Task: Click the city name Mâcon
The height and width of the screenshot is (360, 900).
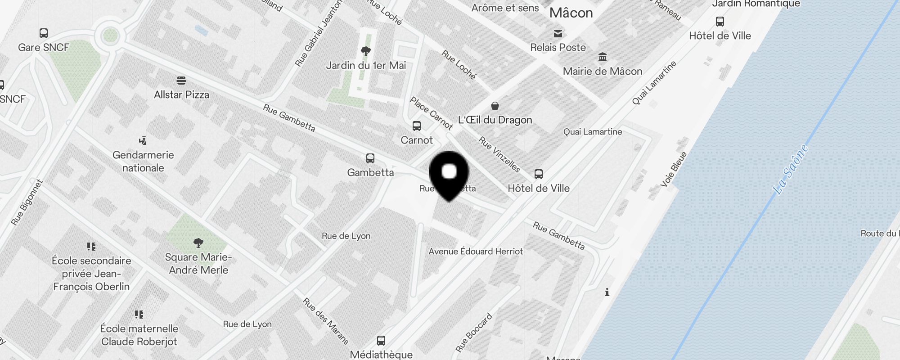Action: tap(571, 13)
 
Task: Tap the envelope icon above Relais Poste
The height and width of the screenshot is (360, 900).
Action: tap(558, 33)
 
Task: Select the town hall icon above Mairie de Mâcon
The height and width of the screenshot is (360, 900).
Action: tap(603, 57)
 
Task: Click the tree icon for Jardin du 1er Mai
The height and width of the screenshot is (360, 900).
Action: tap(366, 51)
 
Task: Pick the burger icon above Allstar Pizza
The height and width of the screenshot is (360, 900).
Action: tap(181, 81)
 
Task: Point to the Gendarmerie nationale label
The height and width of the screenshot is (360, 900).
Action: tap(143, 161)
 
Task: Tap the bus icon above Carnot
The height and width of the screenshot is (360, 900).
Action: tap(417, 126)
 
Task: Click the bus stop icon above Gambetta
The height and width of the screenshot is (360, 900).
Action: tap(370, 158)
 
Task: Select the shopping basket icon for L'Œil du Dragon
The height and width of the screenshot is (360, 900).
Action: tap(495, 106)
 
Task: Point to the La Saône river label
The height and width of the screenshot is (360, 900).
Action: tap(791, 169)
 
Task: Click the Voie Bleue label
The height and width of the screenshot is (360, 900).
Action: tap(674, 169)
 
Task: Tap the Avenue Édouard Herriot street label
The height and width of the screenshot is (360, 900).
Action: tap(476, 252)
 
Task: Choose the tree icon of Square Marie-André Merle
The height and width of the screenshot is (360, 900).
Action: tap(198, 243)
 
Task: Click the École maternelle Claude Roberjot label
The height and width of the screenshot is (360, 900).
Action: tap(139, 335)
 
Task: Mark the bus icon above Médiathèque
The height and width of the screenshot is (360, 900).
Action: tap(381, 341)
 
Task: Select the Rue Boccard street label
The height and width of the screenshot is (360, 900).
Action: tap(474, 333)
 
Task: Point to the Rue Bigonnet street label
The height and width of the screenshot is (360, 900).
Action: tap(27, 202)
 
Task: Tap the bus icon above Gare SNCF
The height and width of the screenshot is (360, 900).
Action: tap(44, 33)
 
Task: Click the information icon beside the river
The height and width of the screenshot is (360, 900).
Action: tap(607, 292)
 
